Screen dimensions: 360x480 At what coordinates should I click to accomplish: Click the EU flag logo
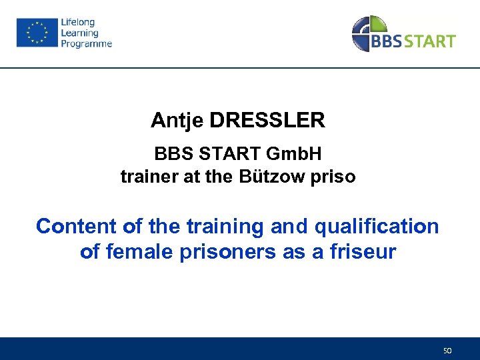tap(36, 33)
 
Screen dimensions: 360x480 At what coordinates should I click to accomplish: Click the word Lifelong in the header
tap(78, 22)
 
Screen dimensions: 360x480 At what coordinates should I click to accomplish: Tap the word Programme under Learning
tap(86, 44)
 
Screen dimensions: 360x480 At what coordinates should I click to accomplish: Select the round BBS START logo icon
tap(369, 33)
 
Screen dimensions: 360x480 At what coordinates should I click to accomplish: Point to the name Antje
tap(177, 121)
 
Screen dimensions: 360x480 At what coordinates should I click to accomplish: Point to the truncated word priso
tap(335, 177)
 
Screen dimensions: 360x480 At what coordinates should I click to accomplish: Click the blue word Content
tap(77, 227)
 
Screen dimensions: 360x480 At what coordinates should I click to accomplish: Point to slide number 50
tap(447, 350)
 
